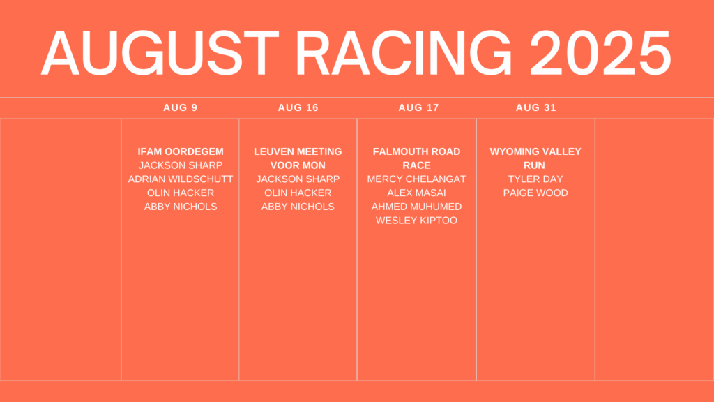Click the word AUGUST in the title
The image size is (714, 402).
(160, 53)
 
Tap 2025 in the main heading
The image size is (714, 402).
(600, 53)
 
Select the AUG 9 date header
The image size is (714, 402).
(181, 107)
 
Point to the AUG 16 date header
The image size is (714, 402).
(298, 107)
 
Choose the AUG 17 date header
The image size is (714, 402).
(418, 107)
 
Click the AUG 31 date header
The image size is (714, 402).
(536, 107)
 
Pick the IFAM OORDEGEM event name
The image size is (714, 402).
(181, 151)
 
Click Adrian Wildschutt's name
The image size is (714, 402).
(181, 179)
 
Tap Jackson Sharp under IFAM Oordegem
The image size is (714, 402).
(181, 165)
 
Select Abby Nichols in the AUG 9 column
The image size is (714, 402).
(181, 207)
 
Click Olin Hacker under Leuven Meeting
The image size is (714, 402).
(298, 193)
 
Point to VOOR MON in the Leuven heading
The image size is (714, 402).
(298, 165)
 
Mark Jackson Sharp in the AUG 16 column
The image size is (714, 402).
(298, 179)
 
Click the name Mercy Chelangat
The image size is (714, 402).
(417, 179)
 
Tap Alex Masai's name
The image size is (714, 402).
(417, 193)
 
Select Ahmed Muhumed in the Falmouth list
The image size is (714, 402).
(417, 207)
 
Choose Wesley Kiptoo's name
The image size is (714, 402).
(417, 220)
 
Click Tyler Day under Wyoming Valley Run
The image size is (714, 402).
(535, 179)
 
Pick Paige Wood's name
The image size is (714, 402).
(535, 193)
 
